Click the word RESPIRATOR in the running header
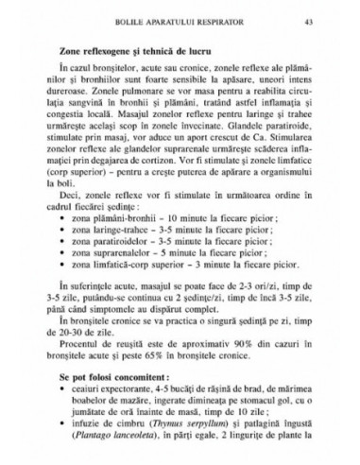pos(215,20)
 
